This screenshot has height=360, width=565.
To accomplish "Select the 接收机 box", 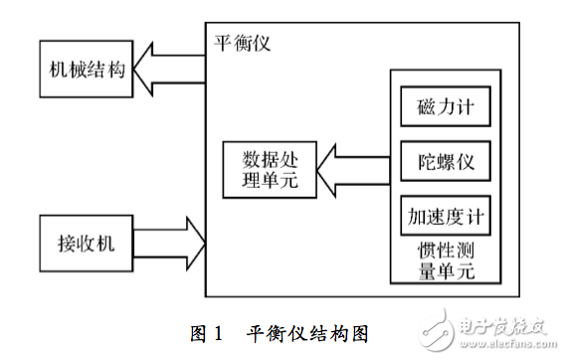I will (86, 242).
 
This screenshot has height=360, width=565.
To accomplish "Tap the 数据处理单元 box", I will (266, 170).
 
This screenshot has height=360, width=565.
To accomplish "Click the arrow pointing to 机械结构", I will (169, 69).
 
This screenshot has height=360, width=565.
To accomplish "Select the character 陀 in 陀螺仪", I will (423, 161).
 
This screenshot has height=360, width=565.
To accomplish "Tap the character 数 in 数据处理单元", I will (244, 159).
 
